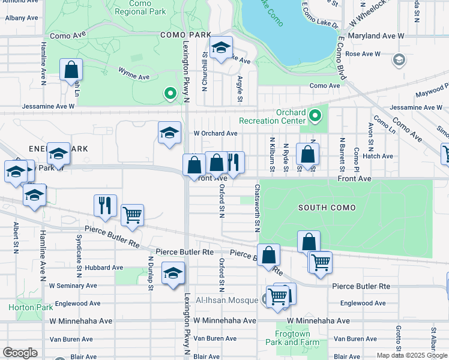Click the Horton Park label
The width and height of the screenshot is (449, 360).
coord(22,307)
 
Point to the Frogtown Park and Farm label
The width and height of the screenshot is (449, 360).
coord(291,338)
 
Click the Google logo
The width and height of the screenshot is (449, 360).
coord(20,352)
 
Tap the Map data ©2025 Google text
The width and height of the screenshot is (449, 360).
coord(411,355)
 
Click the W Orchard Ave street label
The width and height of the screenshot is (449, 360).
coord(215,133)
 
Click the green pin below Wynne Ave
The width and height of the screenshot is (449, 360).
coord(170,93)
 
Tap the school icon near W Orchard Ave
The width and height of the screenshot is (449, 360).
coord(170,133)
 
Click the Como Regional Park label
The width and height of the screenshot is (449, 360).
coord(140,7)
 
